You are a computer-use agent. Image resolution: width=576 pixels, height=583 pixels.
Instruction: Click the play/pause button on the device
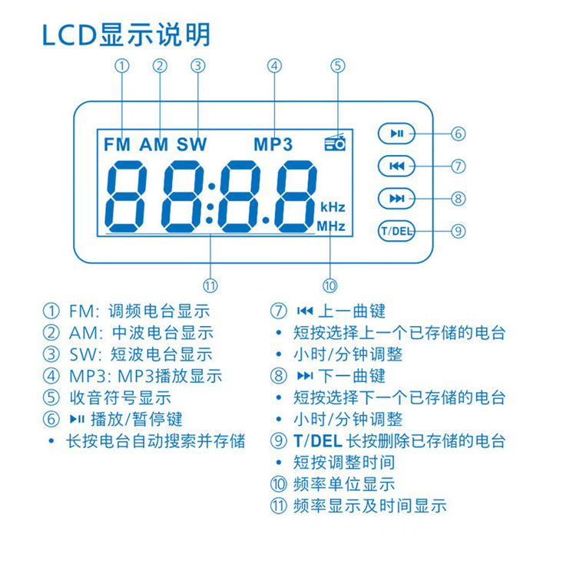(x=396, y=133)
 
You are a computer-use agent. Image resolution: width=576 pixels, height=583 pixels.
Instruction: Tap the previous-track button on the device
(x=396, y=166)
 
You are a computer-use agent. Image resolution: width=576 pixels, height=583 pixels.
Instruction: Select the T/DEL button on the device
(x=396, y=231)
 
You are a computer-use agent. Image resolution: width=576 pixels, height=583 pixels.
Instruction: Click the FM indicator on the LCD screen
(x=117, y=144)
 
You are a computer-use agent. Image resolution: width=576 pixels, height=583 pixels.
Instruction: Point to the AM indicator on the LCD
(x=154, y=144)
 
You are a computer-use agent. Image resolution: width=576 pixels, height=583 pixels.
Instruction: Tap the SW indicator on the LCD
(x=192, y=144)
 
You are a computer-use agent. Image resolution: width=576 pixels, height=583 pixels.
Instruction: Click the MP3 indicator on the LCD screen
(x=273, y=144)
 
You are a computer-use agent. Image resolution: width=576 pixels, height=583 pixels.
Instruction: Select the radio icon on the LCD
(x=336, y=142)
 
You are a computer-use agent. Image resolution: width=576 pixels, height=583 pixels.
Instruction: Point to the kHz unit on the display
(x=333, y=207)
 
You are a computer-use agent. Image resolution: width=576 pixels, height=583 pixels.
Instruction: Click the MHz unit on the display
(x=331, y=226)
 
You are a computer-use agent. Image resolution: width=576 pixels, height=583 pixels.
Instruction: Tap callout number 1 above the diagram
(x=122, y=66)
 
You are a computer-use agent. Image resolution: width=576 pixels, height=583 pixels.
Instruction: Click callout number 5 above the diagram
(x=338, y=66)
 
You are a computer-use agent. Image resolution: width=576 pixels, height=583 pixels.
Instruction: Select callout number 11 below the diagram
(x=210, y=285)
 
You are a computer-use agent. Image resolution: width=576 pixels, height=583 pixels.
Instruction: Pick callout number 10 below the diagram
(x=330, y=285)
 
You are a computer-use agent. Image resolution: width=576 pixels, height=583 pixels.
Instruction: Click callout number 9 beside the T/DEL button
(x=458, y=231)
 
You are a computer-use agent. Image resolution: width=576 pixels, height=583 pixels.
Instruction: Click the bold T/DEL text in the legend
(x=318, y=441)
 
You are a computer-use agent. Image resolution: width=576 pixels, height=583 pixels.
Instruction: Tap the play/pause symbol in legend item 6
(x=77, y=419)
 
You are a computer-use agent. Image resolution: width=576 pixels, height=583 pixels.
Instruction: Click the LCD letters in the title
(x=70, y=35)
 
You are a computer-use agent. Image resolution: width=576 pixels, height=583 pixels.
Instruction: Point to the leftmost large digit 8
(x=126, y=196)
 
